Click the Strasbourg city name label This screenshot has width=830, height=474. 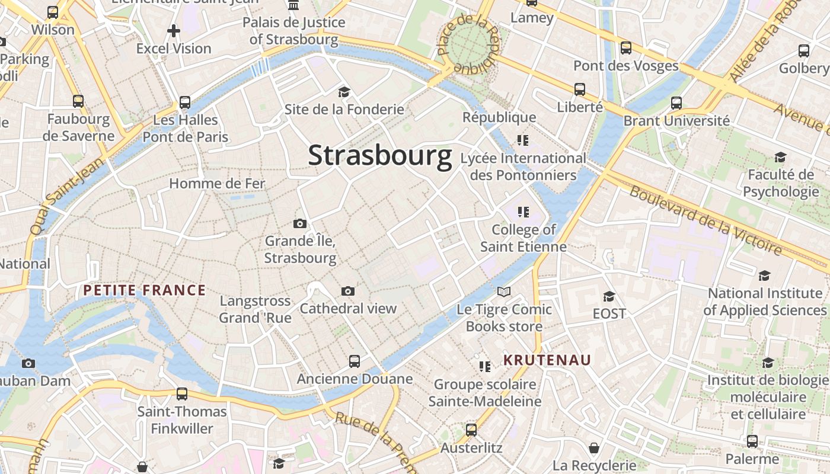(379, 156)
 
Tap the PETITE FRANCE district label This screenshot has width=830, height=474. (144, 290)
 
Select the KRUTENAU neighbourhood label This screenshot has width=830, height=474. (547, 360)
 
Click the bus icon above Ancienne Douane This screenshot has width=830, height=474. (355, 361)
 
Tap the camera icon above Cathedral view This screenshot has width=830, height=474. (348, 291)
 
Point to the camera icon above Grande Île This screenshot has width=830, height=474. (300, 223)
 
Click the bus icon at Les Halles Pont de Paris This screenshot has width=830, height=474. (185, 103)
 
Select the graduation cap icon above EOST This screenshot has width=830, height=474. (609, 296)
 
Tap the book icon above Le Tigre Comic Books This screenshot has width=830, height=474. (504, 292)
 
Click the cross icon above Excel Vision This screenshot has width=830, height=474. (174, 31)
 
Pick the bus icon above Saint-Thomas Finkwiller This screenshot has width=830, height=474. (182, 393)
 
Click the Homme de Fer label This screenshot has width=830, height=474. (217, 184)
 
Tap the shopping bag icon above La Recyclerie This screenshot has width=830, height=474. (594, 448)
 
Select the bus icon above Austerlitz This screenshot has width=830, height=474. (471, 430)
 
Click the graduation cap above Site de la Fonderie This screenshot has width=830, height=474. (344, 92)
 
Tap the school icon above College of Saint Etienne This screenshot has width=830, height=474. (523, 212)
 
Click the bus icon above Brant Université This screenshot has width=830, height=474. (676, 103)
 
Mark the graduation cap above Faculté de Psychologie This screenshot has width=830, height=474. (780, 157)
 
